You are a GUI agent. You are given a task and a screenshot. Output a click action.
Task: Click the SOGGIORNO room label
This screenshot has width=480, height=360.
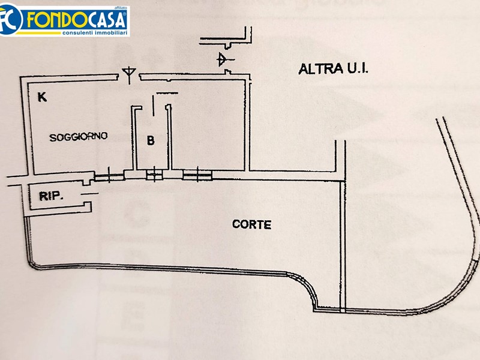pos(79,137)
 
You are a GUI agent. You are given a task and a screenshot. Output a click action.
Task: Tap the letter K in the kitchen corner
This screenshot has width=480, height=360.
pos(42,97)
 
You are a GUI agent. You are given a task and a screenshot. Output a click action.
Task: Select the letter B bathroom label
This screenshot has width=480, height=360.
pos(151,140)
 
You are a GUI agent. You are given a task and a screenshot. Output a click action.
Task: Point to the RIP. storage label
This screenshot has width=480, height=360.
pos(51,196)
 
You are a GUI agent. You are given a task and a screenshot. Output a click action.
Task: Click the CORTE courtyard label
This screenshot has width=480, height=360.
pos(251,224)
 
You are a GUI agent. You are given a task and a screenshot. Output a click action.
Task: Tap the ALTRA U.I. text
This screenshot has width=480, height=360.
pos(333,68)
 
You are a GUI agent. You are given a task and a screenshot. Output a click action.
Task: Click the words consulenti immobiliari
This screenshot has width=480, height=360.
pos(95,32)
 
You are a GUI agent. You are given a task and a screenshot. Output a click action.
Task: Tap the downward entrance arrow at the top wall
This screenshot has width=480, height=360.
pos(129,74)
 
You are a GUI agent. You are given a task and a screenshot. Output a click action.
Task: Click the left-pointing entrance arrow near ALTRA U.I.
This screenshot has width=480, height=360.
pos(225,59)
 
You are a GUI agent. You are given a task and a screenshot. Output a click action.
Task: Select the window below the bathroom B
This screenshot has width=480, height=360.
pos(154,175)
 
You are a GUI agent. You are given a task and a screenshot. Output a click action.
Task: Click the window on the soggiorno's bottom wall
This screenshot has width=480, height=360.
pos(109,176)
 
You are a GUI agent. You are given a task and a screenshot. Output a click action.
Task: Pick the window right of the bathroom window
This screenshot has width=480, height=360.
pos(197,175)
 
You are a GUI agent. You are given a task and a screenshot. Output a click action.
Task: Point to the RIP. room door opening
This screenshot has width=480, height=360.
pos(89,194)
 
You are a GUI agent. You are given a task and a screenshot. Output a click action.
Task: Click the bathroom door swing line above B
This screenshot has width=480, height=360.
pos(153,105)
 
